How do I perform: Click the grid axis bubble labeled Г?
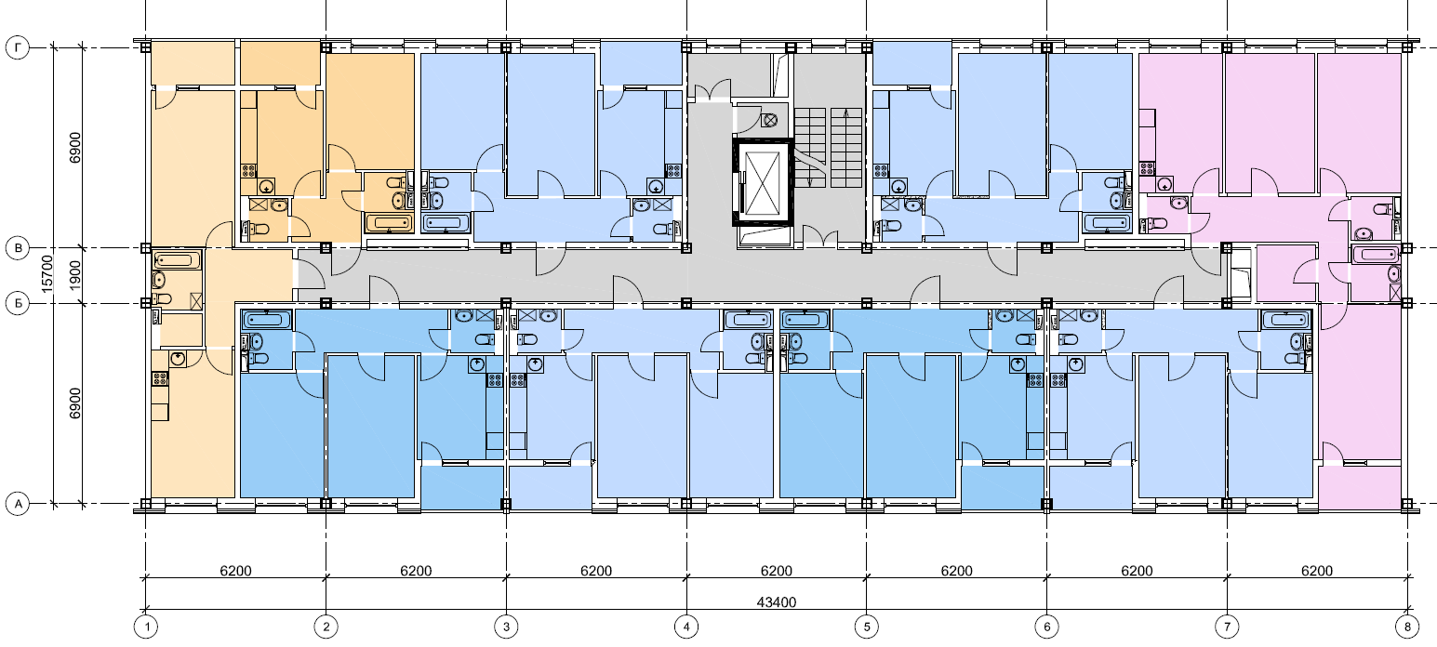tap(18, 47)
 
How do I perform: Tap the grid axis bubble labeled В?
tap(18, 248)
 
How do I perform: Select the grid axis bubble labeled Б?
tap(18, 303)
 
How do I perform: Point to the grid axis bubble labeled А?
tap(18, 504)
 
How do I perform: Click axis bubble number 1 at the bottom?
tap(146, 627)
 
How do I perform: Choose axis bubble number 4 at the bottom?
tap(686, 627)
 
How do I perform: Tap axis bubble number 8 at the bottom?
tap(1407, 627)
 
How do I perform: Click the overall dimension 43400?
tap(777, 602)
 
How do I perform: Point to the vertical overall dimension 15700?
tap(47, 274)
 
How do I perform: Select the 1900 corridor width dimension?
tap(75, 275)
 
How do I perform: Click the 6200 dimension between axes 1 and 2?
tap(235, 571)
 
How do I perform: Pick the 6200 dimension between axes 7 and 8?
tap(1317, 571)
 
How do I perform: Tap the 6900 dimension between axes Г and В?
tap(75, 148)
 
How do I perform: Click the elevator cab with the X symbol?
tap(764, 182)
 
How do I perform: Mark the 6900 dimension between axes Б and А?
tap(75, 403)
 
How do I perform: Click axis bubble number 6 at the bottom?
tap(1047, 627)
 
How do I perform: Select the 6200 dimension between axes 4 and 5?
tap(777, 571)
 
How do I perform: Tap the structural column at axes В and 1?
tap(146, 248)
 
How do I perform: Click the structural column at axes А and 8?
tap(1407, 504)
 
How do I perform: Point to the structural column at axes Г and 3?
tap(506, 47)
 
